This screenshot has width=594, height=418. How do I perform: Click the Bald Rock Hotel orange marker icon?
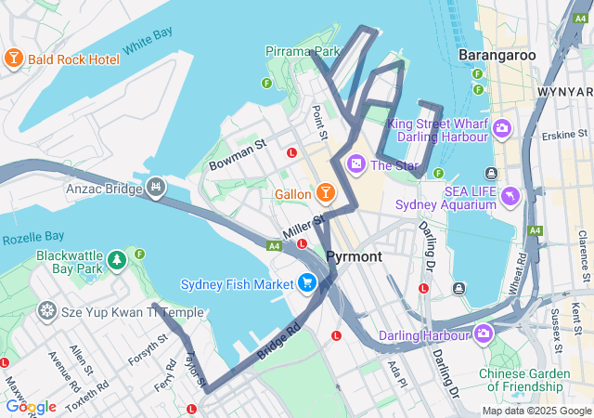(13, 59)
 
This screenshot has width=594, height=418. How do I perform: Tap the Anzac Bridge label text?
(102, 189)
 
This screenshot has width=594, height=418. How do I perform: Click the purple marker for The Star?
(355, 164)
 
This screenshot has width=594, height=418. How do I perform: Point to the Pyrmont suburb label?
(354, 255)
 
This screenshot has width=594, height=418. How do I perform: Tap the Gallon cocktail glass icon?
(325, 193)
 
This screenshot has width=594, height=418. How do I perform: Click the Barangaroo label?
(497, 55)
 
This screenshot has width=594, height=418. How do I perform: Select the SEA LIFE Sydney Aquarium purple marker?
(510, 197)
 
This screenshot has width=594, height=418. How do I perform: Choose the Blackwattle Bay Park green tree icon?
(116, 260)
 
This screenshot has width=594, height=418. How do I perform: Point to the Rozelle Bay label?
(32, 237)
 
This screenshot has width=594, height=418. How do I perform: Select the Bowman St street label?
(238, 153)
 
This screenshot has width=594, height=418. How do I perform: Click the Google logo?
(31, 407)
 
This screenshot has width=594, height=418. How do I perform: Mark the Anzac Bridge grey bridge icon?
(155, 189)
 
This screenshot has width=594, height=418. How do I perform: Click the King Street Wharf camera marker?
(501, 128)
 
